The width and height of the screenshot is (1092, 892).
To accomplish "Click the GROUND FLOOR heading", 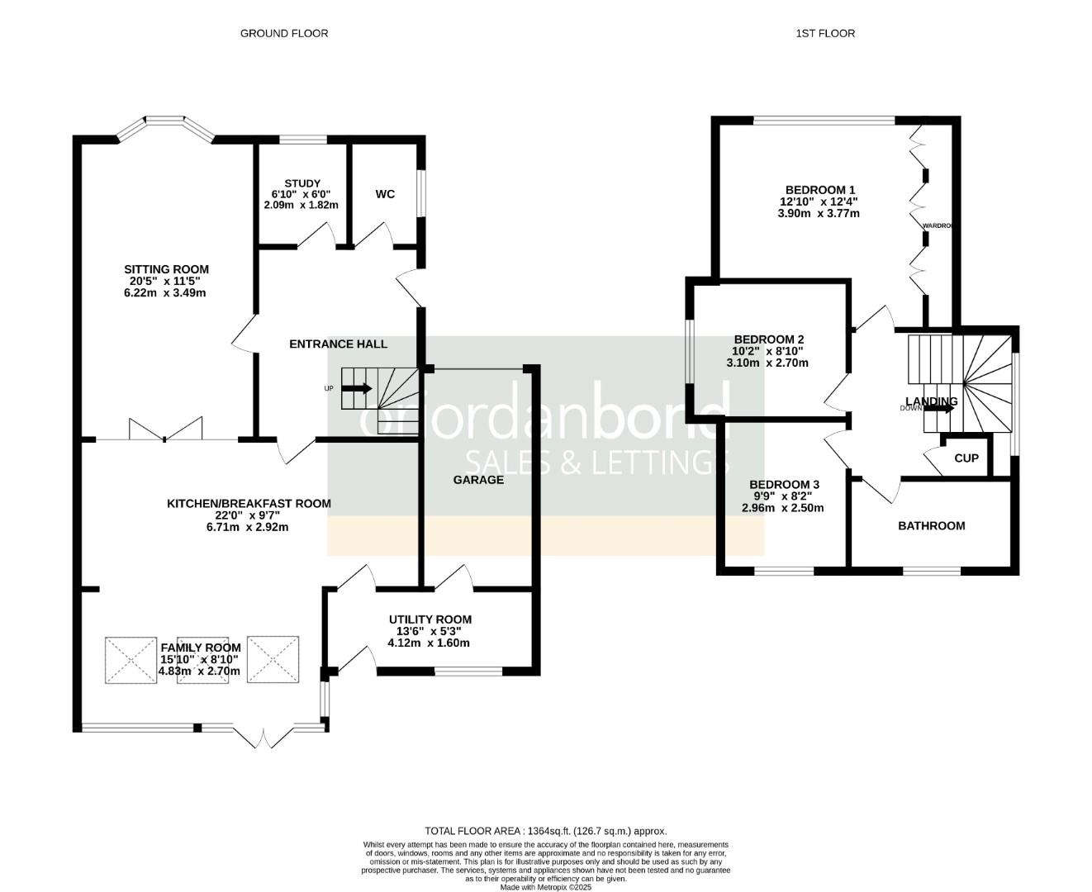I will point(283,34).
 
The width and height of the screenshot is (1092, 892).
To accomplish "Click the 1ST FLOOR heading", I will point(824,34).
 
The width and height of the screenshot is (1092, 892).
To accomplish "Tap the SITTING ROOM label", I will point(166,269).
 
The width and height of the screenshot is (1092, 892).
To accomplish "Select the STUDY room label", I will point(301,183).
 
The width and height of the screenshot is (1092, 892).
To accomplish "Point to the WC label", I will point(385,194).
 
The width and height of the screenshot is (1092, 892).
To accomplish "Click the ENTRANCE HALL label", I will point(338,344).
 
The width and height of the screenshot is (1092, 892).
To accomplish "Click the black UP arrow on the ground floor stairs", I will point(357,388).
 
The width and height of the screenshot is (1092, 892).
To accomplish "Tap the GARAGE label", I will point(478,479).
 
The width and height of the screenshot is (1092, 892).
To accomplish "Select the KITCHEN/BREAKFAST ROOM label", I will point(249,503).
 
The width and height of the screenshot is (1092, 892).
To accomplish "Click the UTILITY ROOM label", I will point(430,619).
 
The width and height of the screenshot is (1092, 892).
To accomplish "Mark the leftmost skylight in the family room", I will point(131,660).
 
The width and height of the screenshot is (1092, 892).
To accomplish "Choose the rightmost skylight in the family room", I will point(273,660).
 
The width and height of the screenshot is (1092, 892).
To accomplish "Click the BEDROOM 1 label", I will point(819,188).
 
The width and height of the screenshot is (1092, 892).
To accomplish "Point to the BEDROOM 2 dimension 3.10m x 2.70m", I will point(767,363).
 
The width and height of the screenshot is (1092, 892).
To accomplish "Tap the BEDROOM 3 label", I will point(784,485).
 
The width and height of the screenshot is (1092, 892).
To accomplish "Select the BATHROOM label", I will point(931,525).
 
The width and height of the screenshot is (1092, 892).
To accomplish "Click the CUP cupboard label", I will point(966,458).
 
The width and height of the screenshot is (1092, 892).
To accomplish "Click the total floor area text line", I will point(545,831).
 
